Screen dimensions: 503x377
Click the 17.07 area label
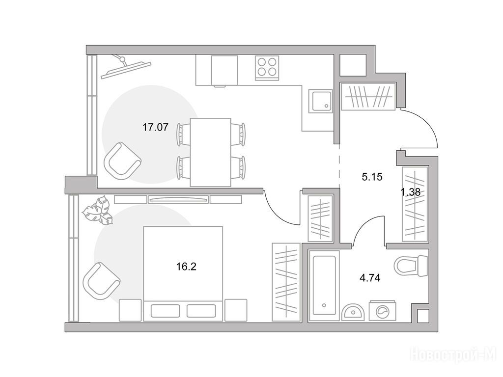click(155, 128)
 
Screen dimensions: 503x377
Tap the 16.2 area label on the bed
click(186, 267)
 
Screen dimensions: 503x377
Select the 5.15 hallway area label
click(372, 177)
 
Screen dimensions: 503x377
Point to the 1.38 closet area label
click(410, 192)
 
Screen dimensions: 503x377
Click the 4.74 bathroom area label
click(370, 278)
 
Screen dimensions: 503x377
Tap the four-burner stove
click(267, 68)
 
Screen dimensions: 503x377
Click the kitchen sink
click(320, 101)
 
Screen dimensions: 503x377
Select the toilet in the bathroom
click(411, 266)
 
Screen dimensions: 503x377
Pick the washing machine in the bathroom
click(382, 310)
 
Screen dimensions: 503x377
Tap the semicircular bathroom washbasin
click(352, 312)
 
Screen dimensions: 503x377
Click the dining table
click(210, 152)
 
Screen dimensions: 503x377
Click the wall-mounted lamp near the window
click(125, 67)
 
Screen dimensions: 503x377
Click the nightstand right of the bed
click(236, 310)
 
